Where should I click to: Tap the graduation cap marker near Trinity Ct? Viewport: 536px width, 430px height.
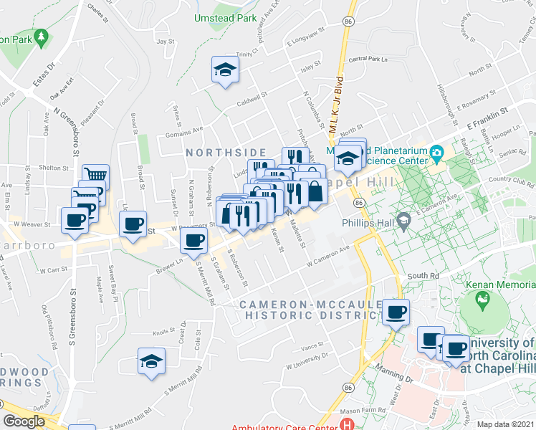click(x=225, y=70)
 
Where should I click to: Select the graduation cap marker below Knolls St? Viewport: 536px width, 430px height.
click(x=151, y=361)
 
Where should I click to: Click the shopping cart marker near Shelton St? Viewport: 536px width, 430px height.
click(x=95, y=176)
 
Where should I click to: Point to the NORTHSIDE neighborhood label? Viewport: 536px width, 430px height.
click(x=226, y=153)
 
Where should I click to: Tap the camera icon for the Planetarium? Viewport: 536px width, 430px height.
click(x=435, y=152)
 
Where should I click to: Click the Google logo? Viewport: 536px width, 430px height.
click(x=24, y=421)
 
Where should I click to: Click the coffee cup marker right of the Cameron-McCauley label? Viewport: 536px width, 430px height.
click(x=396, y=312)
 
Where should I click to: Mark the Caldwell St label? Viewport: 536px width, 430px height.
click(x=252, y=96)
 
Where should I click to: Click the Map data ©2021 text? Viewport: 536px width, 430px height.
click(x=504, y=424)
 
